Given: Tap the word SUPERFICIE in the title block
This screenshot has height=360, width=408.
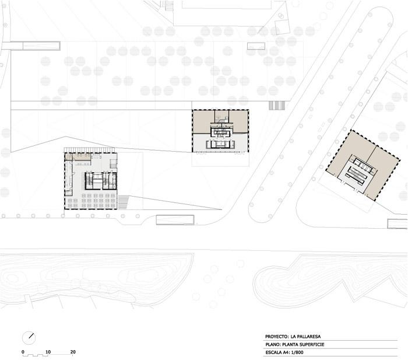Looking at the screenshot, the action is [312, 344].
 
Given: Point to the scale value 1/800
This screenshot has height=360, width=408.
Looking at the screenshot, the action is [297, 352].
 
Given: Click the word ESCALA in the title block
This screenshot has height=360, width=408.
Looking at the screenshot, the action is [273, 352].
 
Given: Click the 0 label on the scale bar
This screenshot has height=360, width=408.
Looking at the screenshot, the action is [23, 352].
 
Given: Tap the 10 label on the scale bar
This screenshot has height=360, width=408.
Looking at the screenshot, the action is [48, 352].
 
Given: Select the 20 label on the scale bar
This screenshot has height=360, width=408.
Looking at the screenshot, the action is [73, 352].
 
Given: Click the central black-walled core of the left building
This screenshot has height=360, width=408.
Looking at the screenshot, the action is [101, 180].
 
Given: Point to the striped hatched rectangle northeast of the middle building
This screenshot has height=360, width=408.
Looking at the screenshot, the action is [277, 106].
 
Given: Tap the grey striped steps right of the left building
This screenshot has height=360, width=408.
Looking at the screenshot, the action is [123, 202].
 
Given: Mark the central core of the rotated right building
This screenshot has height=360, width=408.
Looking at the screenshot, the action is [357, 172].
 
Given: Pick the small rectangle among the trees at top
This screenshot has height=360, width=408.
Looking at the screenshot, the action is [256, 46].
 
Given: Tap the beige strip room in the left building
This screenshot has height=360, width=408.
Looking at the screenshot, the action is [78, 156].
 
